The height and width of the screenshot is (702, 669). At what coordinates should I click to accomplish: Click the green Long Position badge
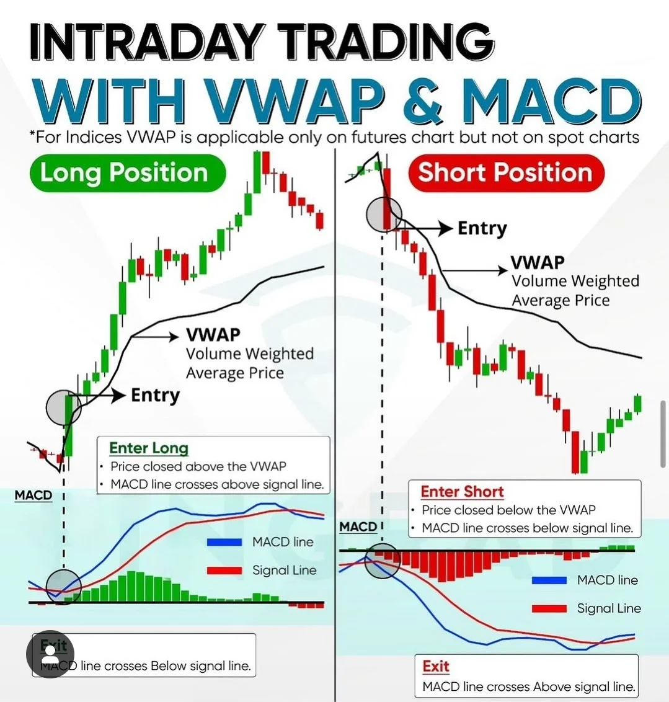128,173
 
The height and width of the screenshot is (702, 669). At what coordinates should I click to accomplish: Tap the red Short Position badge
506,173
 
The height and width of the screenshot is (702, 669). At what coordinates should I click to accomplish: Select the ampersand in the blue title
422,99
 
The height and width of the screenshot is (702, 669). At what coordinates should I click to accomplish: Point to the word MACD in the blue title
549,99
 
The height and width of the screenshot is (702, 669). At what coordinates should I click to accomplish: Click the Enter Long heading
149,448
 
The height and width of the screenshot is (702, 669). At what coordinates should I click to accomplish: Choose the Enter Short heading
463,492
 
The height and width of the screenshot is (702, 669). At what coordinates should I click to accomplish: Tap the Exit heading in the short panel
435,666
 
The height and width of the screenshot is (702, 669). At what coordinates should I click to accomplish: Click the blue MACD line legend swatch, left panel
224,542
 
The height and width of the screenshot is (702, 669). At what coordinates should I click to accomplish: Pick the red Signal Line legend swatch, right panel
549,608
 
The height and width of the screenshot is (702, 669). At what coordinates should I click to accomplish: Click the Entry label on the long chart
155,395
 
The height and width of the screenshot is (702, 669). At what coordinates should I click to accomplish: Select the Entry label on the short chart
482,228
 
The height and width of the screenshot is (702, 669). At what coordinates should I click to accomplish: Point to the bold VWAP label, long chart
213,334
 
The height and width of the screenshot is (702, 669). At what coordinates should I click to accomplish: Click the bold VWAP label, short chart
538,262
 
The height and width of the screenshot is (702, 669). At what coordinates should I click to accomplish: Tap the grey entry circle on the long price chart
63,407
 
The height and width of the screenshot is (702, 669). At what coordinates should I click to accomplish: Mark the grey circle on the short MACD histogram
382,561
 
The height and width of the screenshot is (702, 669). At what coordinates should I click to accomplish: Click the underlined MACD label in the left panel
33,495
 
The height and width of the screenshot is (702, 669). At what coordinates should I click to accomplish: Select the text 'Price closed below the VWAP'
509,510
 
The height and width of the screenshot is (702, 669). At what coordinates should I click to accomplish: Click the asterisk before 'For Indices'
32,133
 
